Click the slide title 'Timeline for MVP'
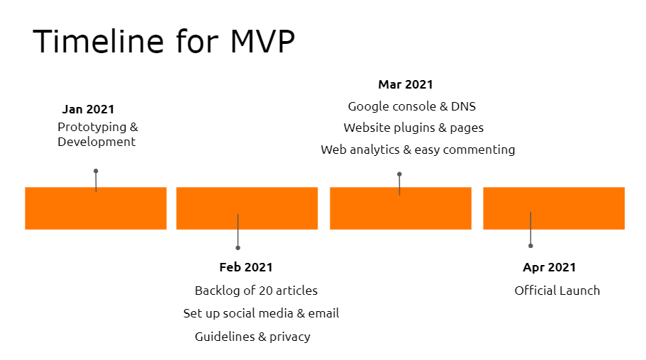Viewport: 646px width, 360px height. point(164,42)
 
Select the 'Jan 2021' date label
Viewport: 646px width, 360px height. point(88,109)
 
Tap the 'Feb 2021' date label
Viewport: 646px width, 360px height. point(246,267)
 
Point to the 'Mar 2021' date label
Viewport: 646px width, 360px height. point(406,84)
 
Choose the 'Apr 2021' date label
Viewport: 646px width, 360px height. point(550,267)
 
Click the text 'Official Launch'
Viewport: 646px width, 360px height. point(557,291)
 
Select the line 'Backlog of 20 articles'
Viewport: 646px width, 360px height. point(256,291)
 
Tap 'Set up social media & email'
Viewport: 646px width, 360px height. point(261,313)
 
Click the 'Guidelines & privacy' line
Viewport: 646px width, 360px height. point(252,337)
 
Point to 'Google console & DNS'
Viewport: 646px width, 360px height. point(412,107)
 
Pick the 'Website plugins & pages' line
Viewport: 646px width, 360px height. point(413,128)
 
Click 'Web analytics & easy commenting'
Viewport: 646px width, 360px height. point(418,150)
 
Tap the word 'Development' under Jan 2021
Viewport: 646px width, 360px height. point(96,142)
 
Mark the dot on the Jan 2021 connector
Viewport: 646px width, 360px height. point(96,171)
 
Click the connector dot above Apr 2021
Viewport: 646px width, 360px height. point(530,246)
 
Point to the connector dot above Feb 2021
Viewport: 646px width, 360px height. point(238,248)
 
